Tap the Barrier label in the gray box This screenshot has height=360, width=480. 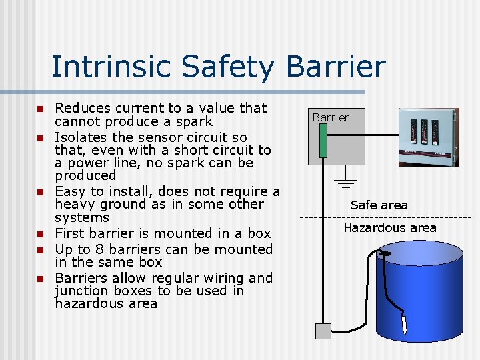pyautogui.click(x=331, y=117)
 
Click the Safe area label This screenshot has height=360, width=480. pyautogui.click(x=379, y=205)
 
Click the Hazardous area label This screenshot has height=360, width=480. pyautogui.click(x=390, y=228)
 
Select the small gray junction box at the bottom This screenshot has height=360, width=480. pyautogui.click(x=323, y=331)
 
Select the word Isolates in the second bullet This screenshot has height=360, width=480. pyautogui.click(x=81, y=137)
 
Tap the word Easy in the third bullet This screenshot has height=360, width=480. pyautogui.click(x=71, y=191)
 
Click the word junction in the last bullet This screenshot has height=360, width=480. pyautogui.click(x=83, y=291)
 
